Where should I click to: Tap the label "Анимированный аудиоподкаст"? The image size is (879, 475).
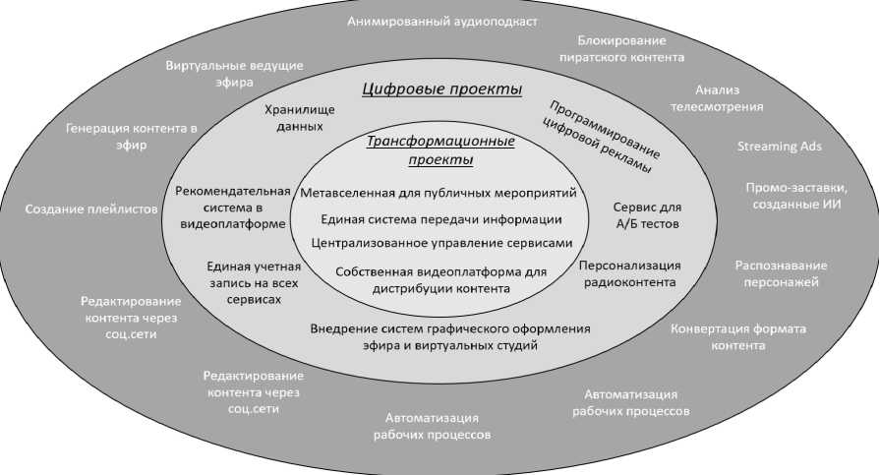tap(442, 22)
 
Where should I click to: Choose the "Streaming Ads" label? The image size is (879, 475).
tap(780, 147)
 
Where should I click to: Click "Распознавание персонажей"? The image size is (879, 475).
tap(782, 273)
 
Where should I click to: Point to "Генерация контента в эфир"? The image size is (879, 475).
tap(132, 137)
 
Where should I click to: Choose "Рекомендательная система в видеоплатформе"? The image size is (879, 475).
tap(233, 207)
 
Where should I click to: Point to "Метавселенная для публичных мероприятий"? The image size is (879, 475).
tap(438, 193)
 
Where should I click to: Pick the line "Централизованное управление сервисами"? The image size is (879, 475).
tap(440, 241)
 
